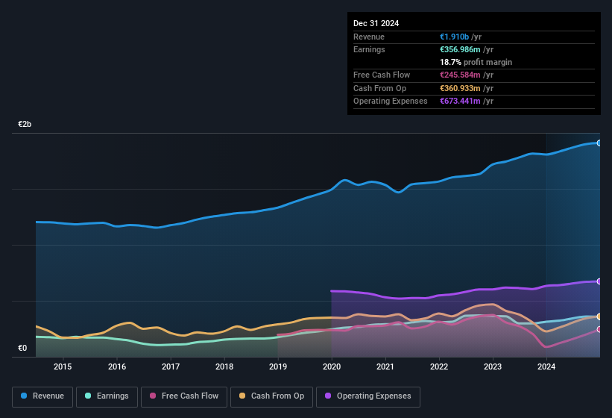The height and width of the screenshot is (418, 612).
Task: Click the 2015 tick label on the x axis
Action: tap(63, 366)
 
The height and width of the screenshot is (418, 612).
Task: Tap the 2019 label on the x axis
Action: tap(277, 366)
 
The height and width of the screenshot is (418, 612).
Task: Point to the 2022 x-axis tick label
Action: tap(439, 366)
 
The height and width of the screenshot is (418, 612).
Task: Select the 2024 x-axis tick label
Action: tap(546, 366)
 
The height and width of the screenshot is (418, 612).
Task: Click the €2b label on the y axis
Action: tap(25, 125)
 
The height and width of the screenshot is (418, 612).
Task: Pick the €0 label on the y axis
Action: tap(22, 348)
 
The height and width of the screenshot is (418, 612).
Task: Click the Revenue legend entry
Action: tap(42, 396)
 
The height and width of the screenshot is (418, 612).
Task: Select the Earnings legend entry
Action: tap(107, 396)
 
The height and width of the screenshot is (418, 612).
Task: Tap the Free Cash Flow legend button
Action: tap(184, 396)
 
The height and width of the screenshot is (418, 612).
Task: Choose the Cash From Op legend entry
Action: tap(271, 396)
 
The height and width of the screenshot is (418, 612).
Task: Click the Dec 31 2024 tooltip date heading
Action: tap(376, 23)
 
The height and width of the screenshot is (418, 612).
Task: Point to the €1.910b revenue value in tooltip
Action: tap(455, 37)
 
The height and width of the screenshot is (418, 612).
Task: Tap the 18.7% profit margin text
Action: tap(476, 62)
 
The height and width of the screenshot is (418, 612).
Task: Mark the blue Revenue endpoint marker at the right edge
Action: tap(599, 143)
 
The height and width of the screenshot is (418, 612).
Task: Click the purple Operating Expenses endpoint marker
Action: tap(599, 281)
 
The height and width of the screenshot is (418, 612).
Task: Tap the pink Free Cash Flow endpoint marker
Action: tap(599, 329)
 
